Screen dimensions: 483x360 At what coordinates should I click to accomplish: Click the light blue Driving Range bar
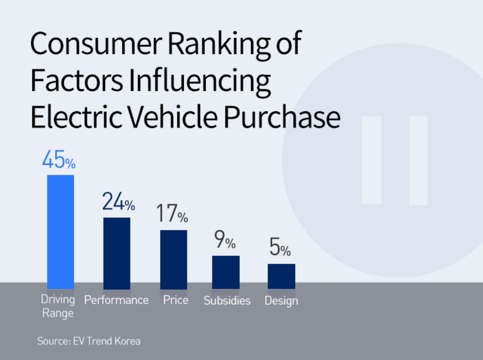(x=60, y=232)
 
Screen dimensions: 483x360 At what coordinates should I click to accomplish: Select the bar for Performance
(x=117, y=253)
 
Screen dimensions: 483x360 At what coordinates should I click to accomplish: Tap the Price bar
(x=174, y=259)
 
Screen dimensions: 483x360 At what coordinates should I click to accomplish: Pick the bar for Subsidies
(x=226, y=272)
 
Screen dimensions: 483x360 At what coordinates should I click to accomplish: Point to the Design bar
(x=281, y=276)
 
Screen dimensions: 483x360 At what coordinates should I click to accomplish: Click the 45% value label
(x=59, y=160)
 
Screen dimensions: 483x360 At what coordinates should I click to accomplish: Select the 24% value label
(x=119, y=201)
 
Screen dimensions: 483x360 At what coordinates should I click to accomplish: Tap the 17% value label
(x=172, y=213)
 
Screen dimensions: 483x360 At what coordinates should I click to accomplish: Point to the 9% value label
(x=225, y=239)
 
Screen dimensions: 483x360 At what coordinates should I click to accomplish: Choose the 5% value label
(x=280, y=247)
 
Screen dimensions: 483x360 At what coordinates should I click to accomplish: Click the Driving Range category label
(x=58, y=306)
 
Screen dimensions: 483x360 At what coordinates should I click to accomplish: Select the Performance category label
(x=116, y=300)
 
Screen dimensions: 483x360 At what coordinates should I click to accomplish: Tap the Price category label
(x=176, y=300)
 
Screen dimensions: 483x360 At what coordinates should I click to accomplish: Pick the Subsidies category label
(x=227, y=301)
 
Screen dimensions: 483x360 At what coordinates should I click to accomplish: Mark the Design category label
(x=281, y=301)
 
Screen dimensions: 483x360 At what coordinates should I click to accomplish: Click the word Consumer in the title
(x=96, y=44)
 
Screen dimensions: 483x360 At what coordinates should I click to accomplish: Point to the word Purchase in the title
(x=282, y=117)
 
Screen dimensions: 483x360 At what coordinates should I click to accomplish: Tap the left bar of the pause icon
(x=372, y=160)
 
